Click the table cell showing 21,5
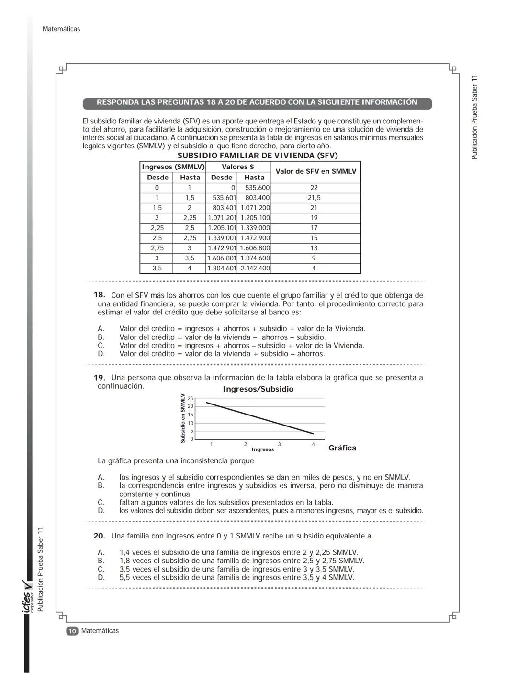(314, 198)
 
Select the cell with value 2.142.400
(255, 269)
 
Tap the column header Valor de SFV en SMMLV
(315, 171)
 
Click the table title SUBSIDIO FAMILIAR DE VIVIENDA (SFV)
(258, 156)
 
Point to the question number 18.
(99, 295)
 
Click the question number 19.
(99, 378)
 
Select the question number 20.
(99, 536)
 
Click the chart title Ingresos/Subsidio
(258, 389)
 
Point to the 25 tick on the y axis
(191, 398)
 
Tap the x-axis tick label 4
(314, 445)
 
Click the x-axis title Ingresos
(263, 449)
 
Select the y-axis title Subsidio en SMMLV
(183, 418)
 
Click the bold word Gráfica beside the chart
(342, 448)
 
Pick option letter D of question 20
(101, 578)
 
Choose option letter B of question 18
(101, 337)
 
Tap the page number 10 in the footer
(72, 631)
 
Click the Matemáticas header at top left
(61, 29)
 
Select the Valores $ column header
(238, 167)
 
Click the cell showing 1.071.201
(222, 218)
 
